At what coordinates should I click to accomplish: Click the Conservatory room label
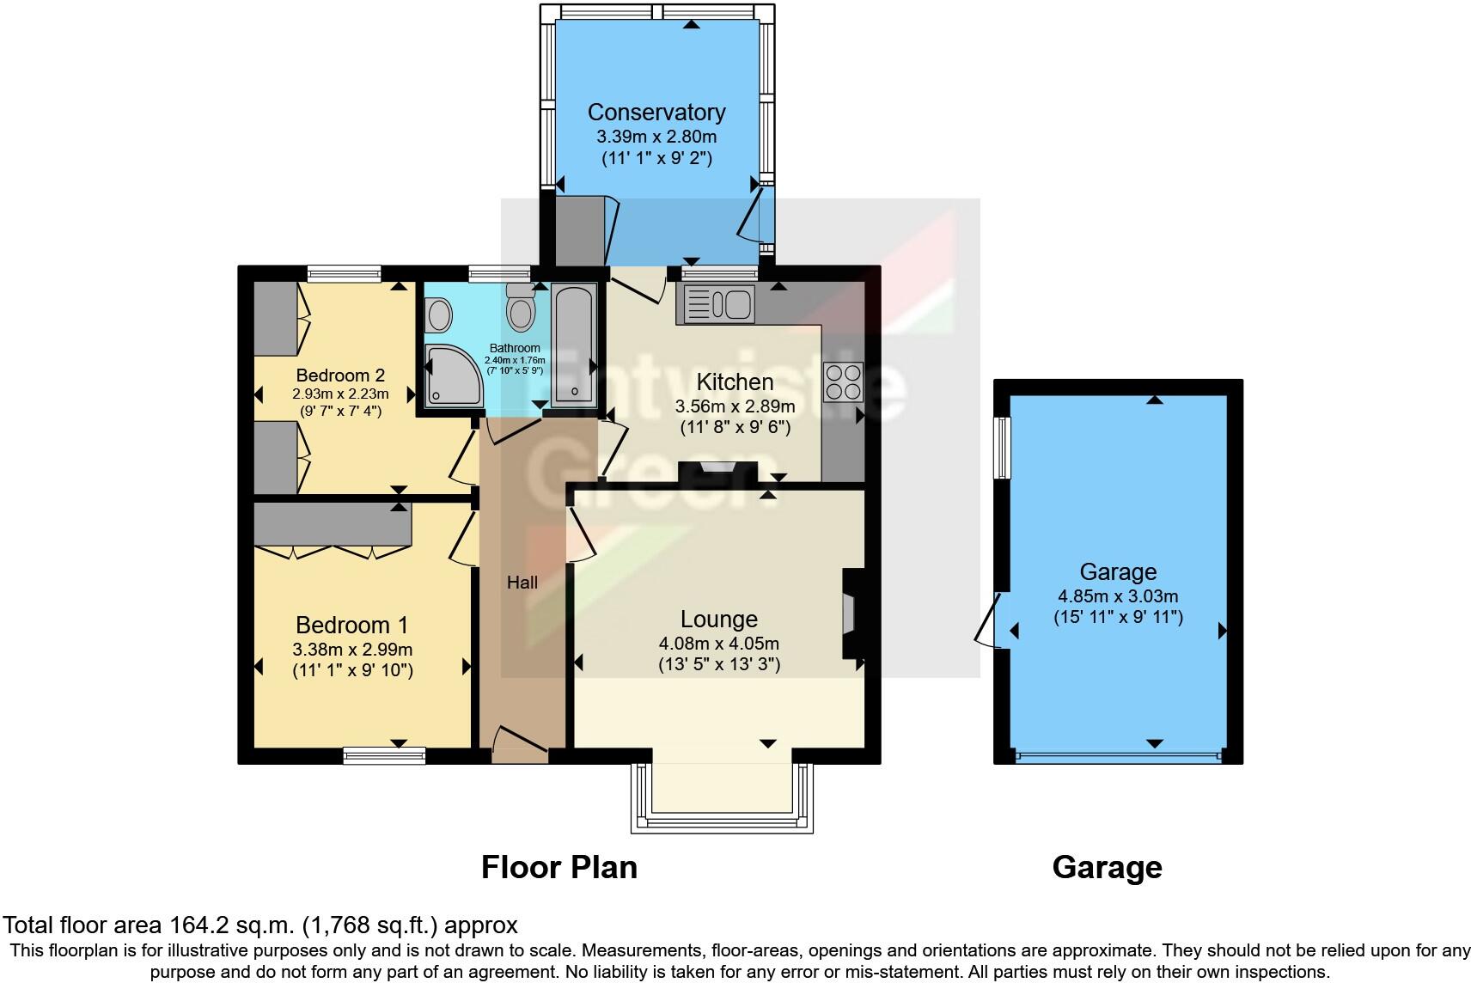click(656, 112)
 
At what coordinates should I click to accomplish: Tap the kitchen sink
click(716, 303)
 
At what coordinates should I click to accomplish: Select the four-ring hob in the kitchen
click(842, 382)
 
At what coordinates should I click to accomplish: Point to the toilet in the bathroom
click(520, 308)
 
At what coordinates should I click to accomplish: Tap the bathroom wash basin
click(439, 314)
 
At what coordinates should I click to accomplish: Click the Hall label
click(522, 583)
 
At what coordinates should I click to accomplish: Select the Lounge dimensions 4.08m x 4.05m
click(718, 643)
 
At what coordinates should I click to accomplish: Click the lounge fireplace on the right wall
click(851, 614)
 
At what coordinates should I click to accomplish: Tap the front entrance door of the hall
click(520, 744)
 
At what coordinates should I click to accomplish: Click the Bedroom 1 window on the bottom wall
click(384, 755)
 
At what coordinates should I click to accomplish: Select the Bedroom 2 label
click(340, 375)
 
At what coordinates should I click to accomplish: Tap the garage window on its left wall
click(1002, 447)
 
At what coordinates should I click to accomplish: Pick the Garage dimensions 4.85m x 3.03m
click(1117, 596)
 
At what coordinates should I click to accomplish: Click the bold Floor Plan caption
click(559, 867)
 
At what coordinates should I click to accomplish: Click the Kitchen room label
click(735, 382)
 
